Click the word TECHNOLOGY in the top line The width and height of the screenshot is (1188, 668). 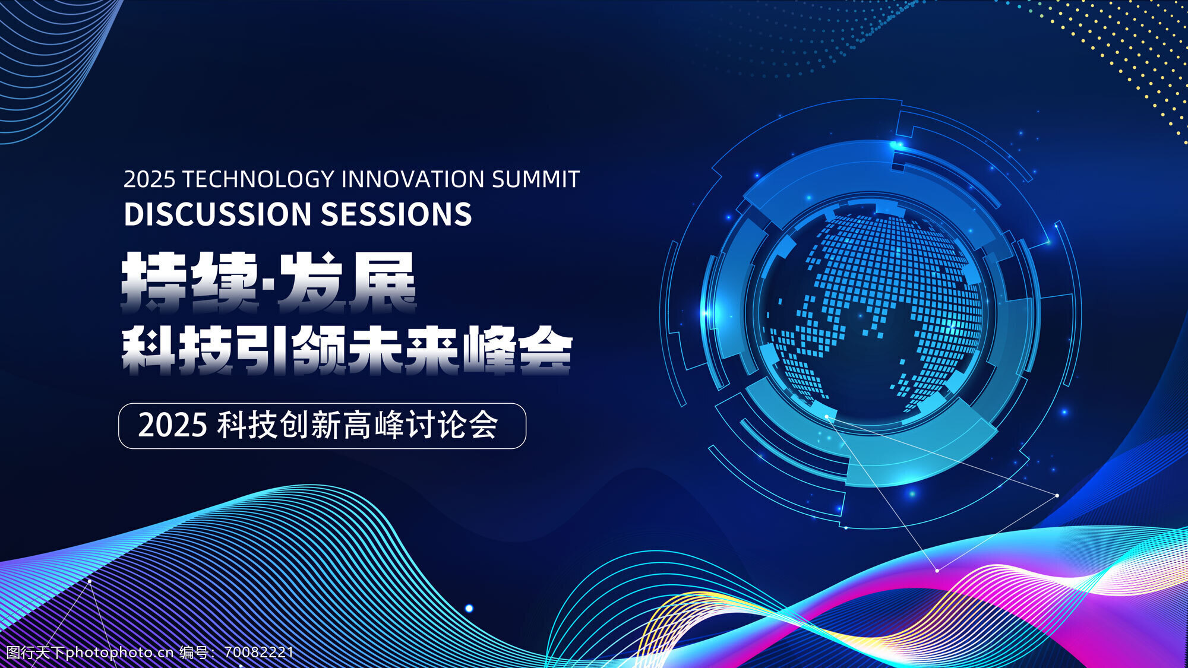tap(258, 179)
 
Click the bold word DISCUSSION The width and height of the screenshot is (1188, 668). tap(218, 214)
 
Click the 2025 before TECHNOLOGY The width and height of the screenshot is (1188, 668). tap(149, 179)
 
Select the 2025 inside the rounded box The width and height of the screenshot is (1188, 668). tap(173, 426)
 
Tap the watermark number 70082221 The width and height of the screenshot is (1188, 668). tap(259, 653)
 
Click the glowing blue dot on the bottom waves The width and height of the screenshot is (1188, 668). tap(469, 608)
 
